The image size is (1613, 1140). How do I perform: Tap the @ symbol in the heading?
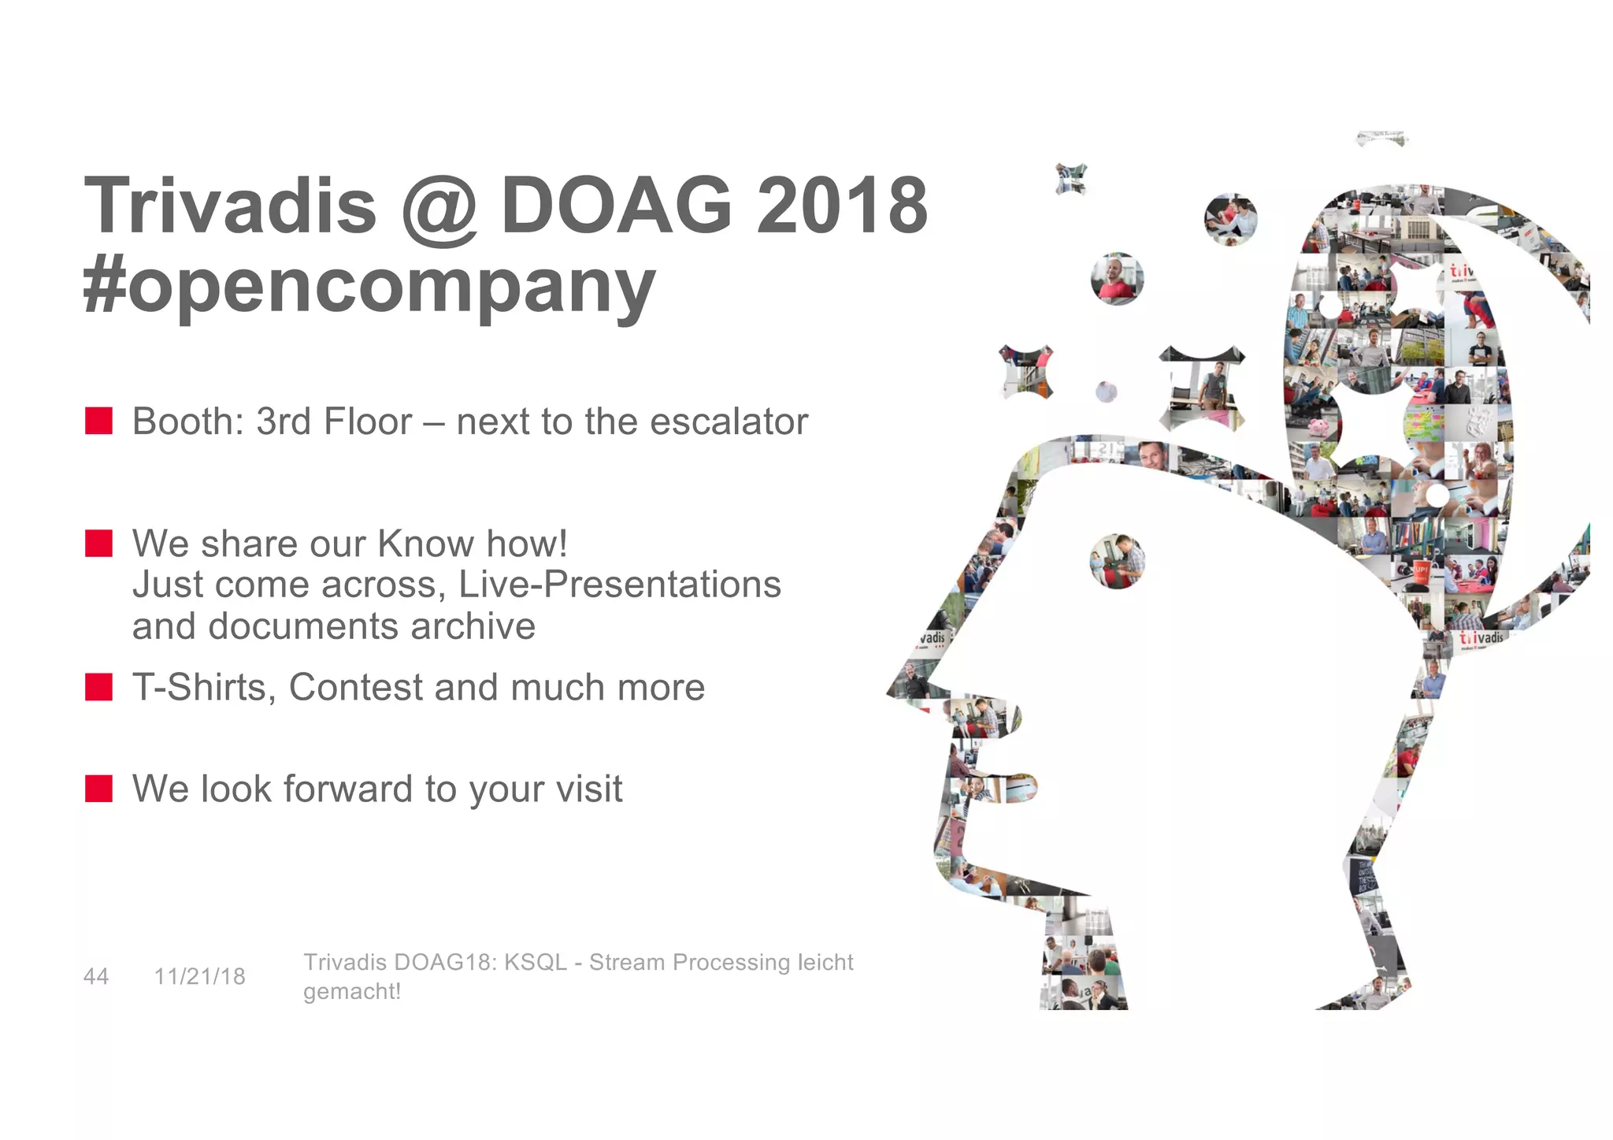[439, 209]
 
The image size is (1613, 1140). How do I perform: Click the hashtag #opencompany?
[369, 285]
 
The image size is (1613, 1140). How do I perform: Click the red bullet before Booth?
[99, 421]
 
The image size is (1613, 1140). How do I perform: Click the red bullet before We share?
[99, 543]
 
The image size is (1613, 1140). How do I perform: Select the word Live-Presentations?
[619, 585]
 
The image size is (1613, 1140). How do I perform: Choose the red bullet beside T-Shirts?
[99, 687]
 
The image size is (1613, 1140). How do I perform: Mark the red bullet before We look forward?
[99, 788]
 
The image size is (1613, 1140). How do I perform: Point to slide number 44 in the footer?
[96, 977]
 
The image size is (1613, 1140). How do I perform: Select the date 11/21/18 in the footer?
[199, 977]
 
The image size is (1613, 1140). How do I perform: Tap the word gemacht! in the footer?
[352, 992]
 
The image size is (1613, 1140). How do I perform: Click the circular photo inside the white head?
[1117, 561]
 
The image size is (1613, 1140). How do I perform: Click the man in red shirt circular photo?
[1117, 279]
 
